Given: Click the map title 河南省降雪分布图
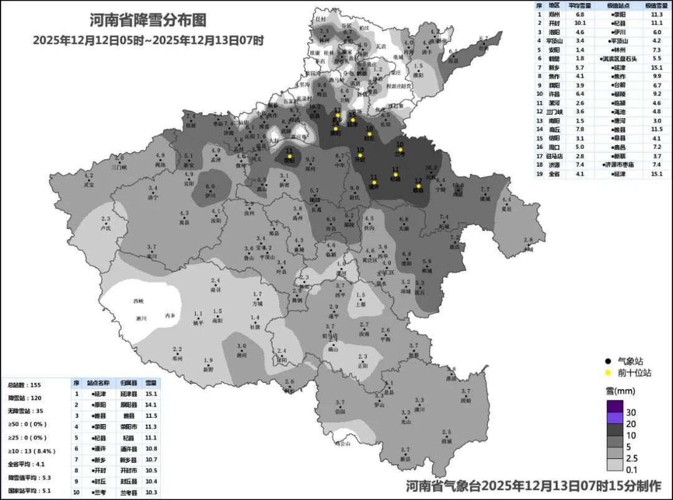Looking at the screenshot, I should tap(148, 20).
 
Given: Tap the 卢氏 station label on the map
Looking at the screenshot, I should tap(105, 229).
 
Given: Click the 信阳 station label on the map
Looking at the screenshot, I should tap(340, 412).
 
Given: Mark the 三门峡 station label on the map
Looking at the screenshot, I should tap(119, 167).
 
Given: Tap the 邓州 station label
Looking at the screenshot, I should tap(177, 359).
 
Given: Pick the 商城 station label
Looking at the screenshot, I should tap(446, 441).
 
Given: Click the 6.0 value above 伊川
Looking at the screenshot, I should tap(211, 186).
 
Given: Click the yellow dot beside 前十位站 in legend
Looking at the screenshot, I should tap(607, 373).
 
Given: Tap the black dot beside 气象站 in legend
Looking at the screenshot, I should tap(607, 361).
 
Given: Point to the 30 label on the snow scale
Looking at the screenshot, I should tap(631, 412).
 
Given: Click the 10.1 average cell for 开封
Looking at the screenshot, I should tap(580, 22).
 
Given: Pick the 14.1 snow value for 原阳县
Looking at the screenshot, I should tap(151, 404).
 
